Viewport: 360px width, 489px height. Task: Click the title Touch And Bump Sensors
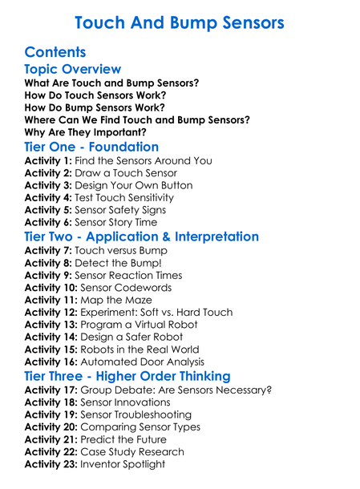(x=180, y=22)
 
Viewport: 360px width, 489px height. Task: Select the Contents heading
(x=55, y=52)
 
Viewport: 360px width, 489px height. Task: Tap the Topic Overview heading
(x=73, y=70)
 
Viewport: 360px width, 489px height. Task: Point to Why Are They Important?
(x=86, y=132)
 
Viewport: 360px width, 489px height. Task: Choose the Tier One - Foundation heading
(x=91, y=148)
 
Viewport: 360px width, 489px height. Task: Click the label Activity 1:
(x=48, y=161)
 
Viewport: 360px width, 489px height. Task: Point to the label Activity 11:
(x=51, y=300)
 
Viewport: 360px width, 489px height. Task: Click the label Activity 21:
(x=51, y=439)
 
